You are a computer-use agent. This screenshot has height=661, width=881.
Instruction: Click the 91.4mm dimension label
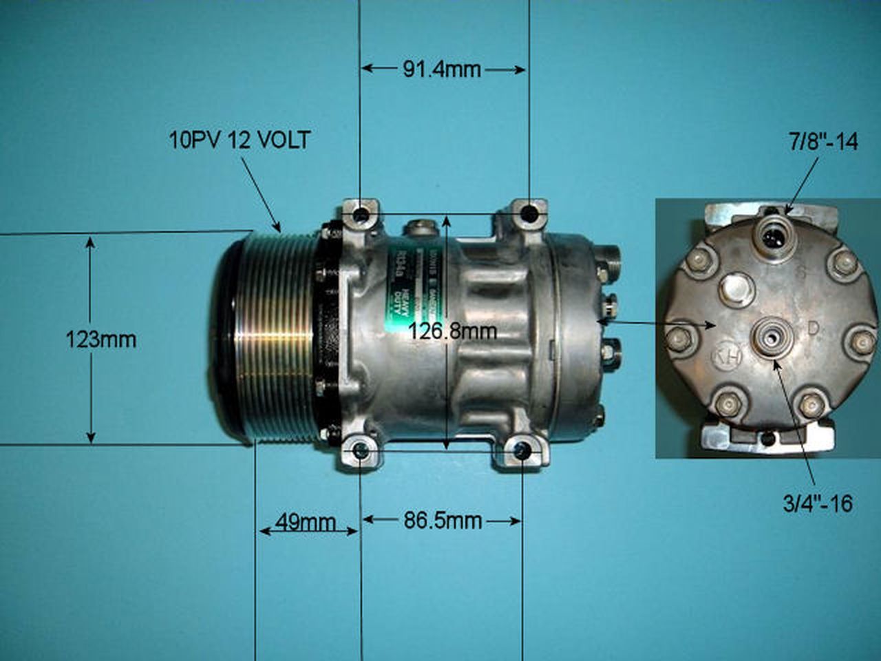coord(442,69)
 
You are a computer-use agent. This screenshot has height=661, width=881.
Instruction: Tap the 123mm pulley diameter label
coord(100,339)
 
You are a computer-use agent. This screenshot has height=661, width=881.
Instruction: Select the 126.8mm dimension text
coord(452,331)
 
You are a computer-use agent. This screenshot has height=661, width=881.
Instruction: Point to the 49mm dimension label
coord(304,522)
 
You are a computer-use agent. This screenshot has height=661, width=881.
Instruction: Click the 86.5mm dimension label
coord(442,521)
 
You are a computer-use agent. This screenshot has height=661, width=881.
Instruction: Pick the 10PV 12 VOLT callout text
coord(240,140)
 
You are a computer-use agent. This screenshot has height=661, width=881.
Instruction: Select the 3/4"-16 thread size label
coord(818,504)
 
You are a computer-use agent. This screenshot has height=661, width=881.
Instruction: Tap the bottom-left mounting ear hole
coord(360,452)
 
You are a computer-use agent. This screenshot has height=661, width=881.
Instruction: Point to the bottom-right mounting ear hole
coord(523,452)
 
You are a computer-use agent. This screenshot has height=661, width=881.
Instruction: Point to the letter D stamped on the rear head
coord(813,329)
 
